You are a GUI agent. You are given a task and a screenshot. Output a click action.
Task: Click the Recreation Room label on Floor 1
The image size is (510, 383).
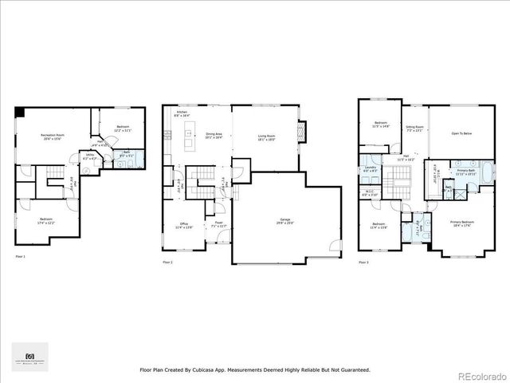(54, 136)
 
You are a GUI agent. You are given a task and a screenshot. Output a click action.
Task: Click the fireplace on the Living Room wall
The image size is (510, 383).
(300, 129)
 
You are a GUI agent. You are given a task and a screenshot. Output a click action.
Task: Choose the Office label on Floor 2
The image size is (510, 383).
(182, 226)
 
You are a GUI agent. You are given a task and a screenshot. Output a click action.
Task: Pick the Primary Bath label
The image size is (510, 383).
(466, 171)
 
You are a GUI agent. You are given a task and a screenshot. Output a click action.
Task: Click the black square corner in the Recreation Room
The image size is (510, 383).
(19, 111)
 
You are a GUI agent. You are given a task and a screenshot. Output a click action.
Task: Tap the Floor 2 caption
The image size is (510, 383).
(168, 261)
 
